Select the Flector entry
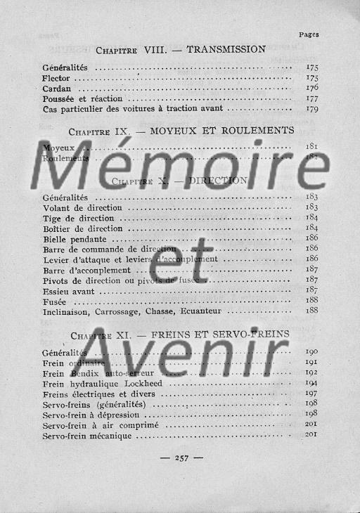click(56, 78)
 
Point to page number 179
click(312, 109)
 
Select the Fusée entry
click(55, 300)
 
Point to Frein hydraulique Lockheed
click(103, 384)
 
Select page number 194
click(311, 383)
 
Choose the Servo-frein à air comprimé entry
click(100, 425)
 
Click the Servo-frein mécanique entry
click(88, 436)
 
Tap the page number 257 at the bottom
click(181, 458)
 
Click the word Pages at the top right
click(309, 34)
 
